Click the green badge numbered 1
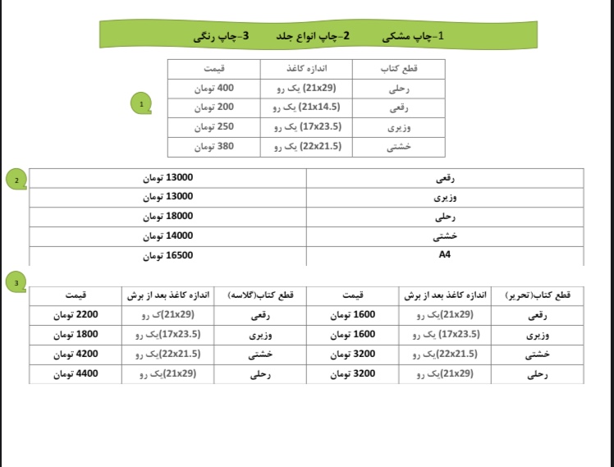(141, 104)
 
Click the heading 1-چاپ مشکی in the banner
(414, 36)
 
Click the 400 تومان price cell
(214, 88)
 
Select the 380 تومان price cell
(214, 147)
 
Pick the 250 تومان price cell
(214, 127)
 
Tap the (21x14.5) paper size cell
(306, 108)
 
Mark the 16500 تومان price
(167, 255)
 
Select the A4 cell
(445, 255)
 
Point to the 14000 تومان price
(167, 236)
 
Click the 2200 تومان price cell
(76, 314)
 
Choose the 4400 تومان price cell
(76, 373)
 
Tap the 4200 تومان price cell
(76, 354)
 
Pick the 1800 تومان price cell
(76, 334)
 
